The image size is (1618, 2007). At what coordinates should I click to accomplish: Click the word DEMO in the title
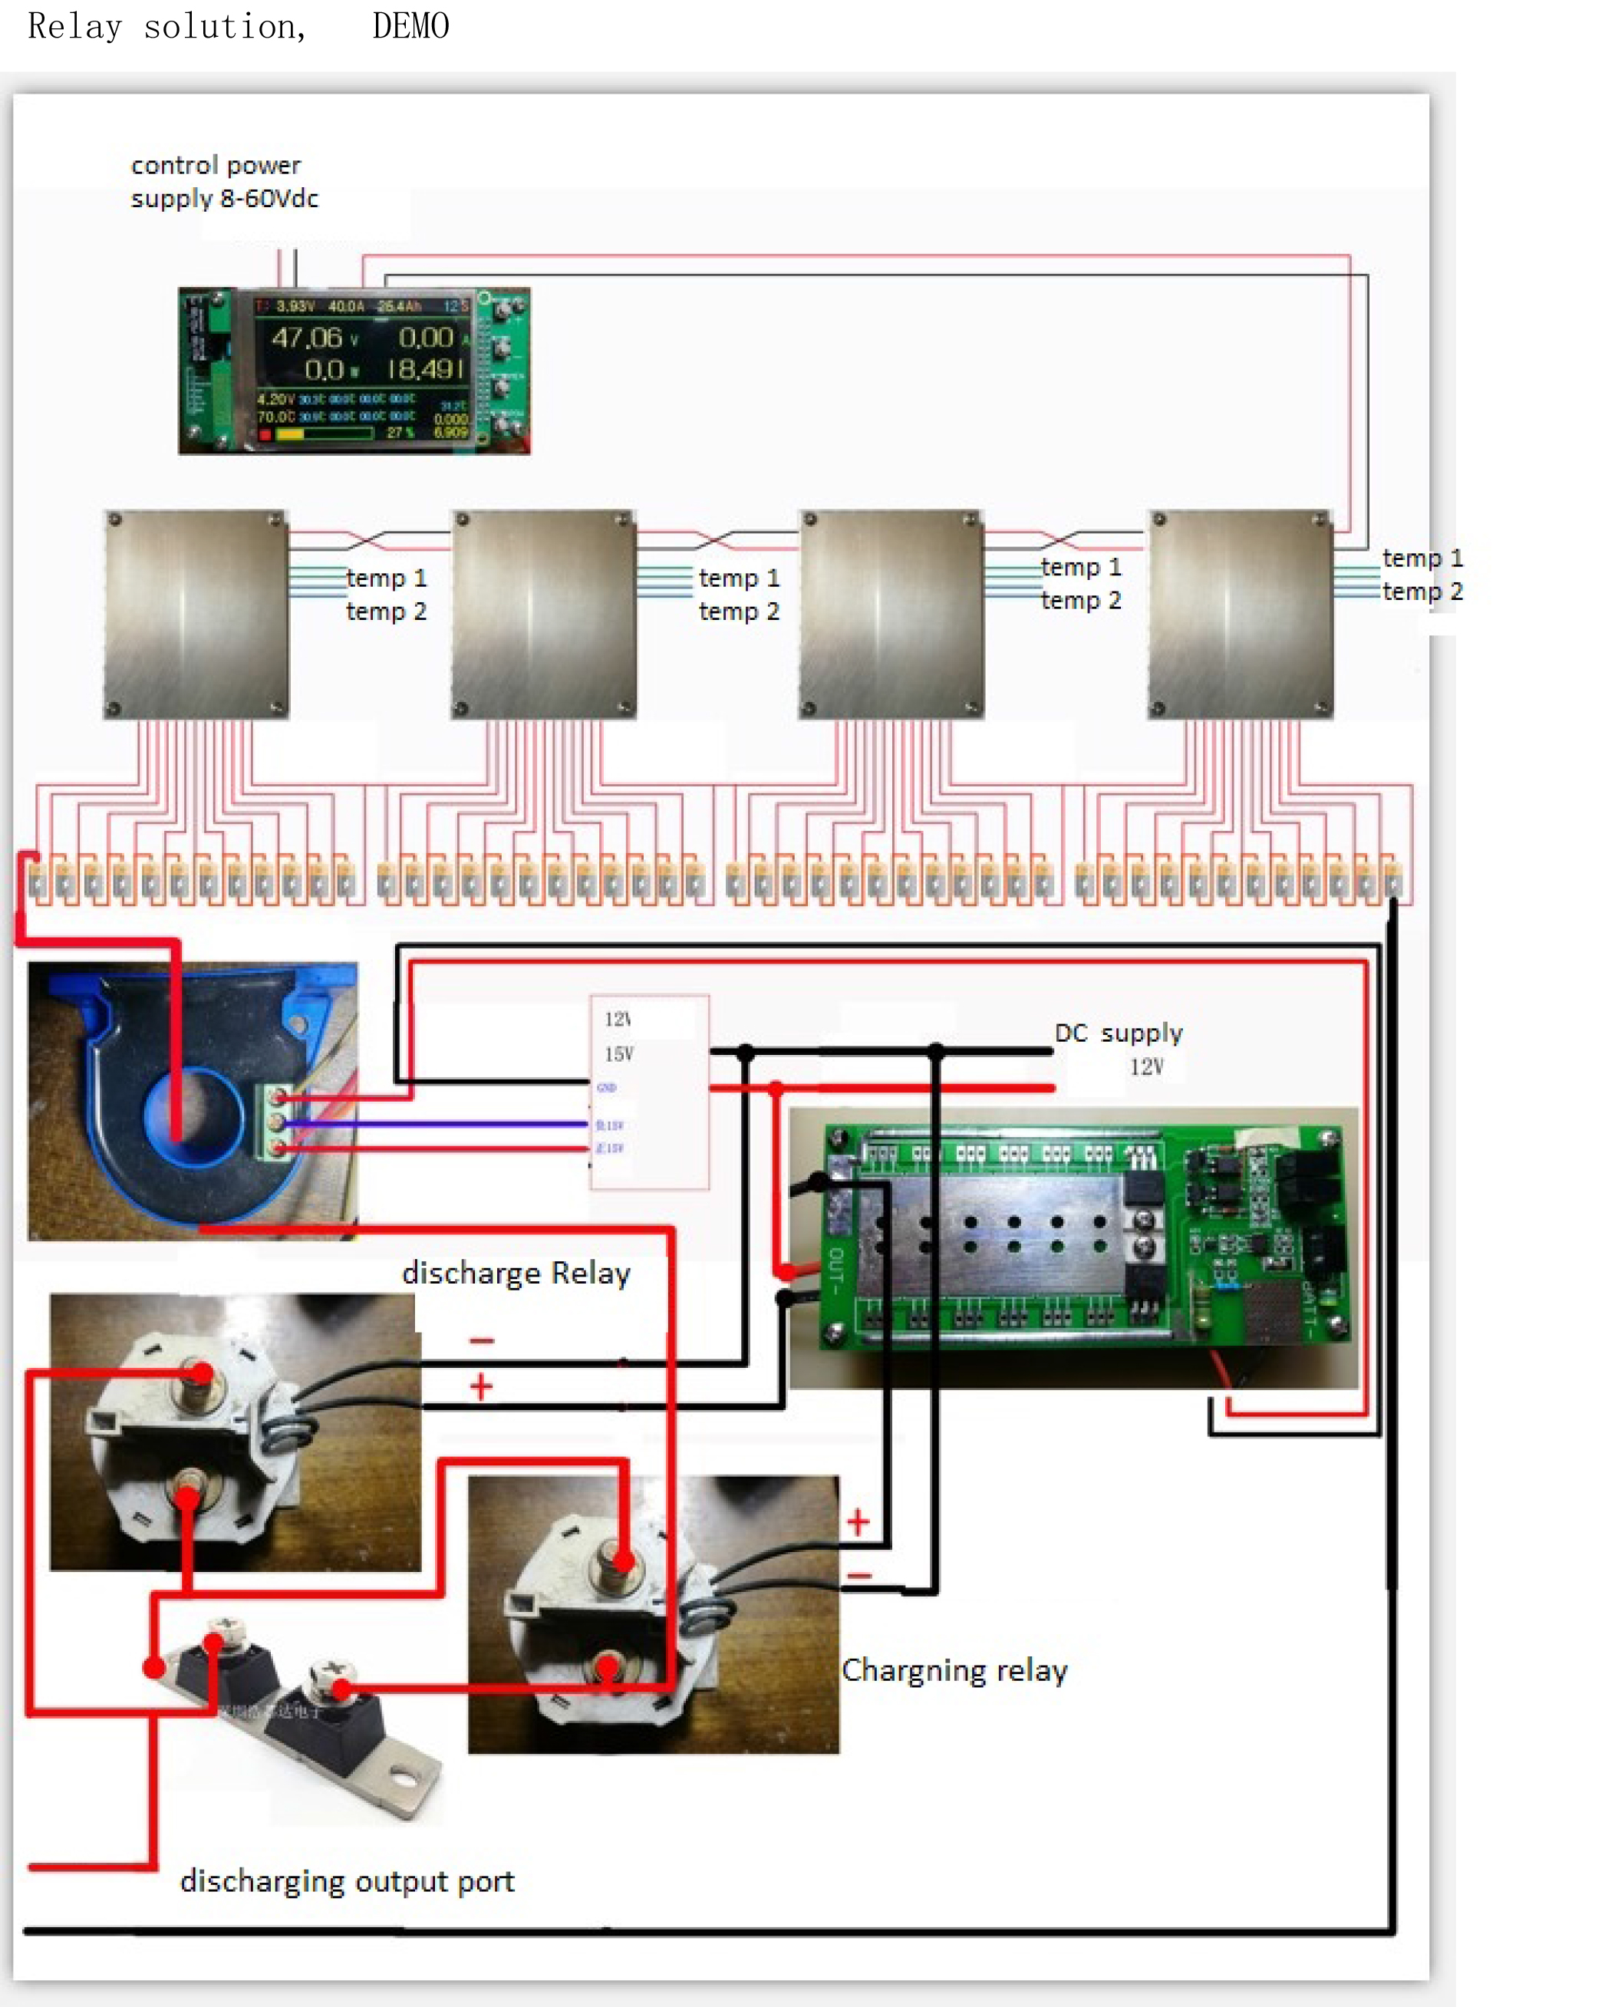click(x=410, y=26)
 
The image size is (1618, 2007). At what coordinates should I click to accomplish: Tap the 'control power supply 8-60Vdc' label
click(x=224, y=182)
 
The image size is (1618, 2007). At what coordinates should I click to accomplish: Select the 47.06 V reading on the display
click(x=308, y=338)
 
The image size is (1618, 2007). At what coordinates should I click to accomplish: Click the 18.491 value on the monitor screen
click(x=425, y=370)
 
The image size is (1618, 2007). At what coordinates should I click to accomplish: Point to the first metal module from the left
click(x=196, y=614)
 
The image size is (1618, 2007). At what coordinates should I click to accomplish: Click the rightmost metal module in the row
click(x=1240, y=614)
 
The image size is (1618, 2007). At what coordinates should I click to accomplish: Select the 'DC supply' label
click(x=1118, y=1033)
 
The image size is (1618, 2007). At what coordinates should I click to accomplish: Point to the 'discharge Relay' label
click(x=516, y=1274)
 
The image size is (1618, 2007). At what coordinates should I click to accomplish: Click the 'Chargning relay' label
click(x=954, y=1670)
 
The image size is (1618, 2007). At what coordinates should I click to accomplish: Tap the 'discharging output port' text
click(x=347, y=1881)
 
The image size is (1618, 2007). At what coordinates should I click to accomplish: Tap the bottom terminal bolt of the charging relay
click(x=608, y=1667)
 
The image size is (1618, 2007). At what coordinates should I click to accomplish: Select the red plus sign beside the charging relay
click(x=858, y=1522)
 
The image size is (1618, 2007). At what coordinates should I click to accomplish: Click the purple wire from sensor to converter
click(x=438, y=1123)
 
